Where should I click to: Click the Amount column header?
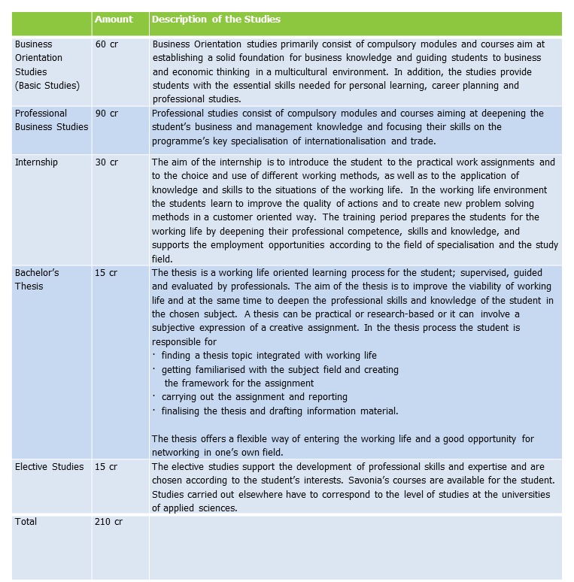tap(114, 20)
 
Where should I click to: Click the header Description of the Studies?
tap(216, 20)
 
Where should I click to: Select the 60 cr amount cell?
tap(107, 44)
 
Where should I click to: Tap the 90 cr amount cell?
tap(107, 114)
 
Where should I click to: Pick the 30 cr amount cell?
tap(107, 162)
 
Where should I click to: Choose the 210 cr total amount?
tap(109, 521)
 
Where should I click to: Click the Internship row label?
tap(36, 162)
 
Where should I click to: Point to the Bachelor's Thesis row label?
tap(37, 279)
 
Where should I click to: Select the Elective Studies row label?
tap(50, 467)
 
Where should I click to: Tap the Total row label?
tap(26, 521)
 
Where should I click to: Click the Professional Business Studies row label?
tap(51, 120)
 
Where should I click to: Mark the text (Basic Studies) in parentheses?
tap(47, 85)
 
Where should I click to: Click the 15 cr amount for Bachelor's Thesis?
tap(106, 272)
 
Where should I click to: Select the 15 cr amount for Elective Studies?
tap(106, 467)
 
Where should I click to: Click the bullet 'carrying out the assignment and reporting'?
tap(254, 397)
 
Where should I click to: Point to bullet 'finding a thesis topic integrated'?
tap(269, 355)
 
